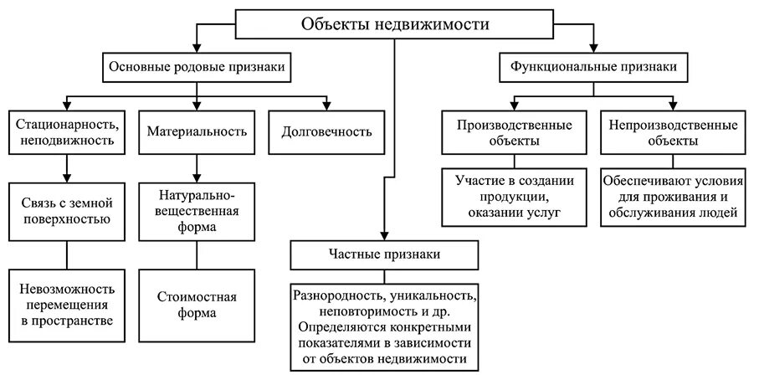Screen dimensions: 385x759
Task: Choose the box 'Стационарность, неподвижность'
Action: [67, 132]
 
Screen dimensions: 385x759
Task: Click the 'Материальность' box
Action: [197, 132]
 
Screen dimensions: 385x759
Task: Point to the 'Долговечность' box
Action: [321, 132]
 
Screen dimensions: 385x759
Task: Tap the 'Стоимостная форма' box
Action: [197, 305]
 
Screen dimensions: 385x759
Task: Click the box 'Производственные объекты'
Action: [515, 132]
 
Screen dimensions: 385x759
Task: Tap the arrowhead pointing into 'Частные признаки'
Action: [385, 235]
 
